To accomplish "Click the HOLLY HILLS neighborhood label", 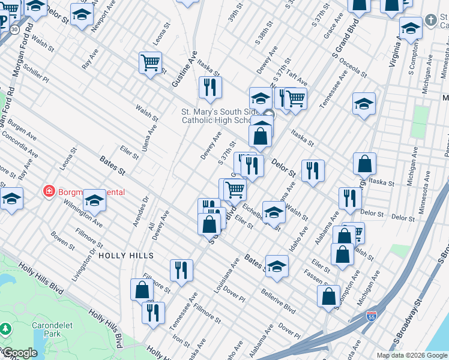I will (x=125, y=255).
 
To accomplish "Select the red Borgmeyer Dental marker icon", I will (x=49, y=192).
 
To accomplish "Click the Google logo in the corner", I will (x=19, y=353).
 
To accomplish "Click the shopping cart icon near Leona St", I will (x=150, y=62).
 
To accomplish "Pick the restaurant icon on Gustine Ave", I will (x=210, y=88).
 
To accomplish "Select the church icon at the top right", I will (x=430, y=20).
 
